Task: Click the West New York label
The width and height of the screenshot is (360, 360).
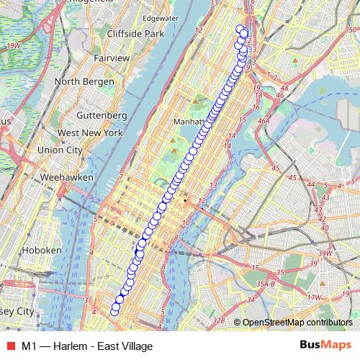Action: pos(90,132)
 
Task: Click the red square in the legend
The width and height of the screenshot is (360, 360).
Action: pos(11,346)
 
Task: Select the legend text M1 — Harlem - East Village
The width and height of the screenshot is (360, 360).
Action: pos(87,346)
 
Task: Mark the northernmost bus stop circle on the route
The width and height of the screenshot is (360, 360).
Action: pos(240,30)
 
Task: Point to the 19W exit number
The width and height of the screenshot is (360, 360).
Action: pos(11,46)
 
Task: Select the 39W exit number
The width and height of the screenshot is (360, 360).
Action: pos(326,253)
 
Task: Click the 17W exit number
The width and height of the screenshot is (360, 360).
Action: pos(313,297)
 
